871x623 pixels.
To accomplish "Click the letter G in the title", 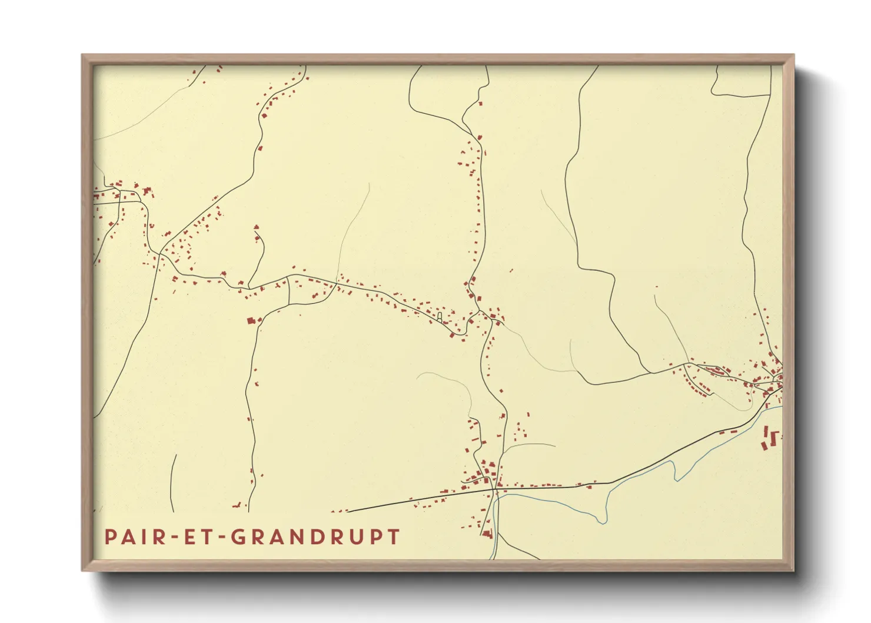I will pyautogui.click(x=239, y=537).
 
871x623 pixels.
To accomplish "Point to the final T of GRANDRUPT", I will pyautogui.click(x=393, y=537).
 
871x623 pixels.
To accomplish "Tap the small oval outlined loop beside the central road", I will pyautogui.click(x=440, y=317).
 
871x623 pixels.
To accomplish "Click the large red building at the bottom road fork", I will pyautogui.click(x=487, y=533).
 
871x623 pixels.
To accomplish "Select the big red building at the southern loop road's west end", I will pyautogui.click(x=252, y=321).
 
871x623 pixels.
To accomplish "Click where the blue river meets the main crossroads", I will pyautogui.click(x=496, y=496).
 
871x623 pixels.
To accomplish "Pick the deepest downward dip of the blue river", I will pyautogui.click(x=601, y=522).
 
